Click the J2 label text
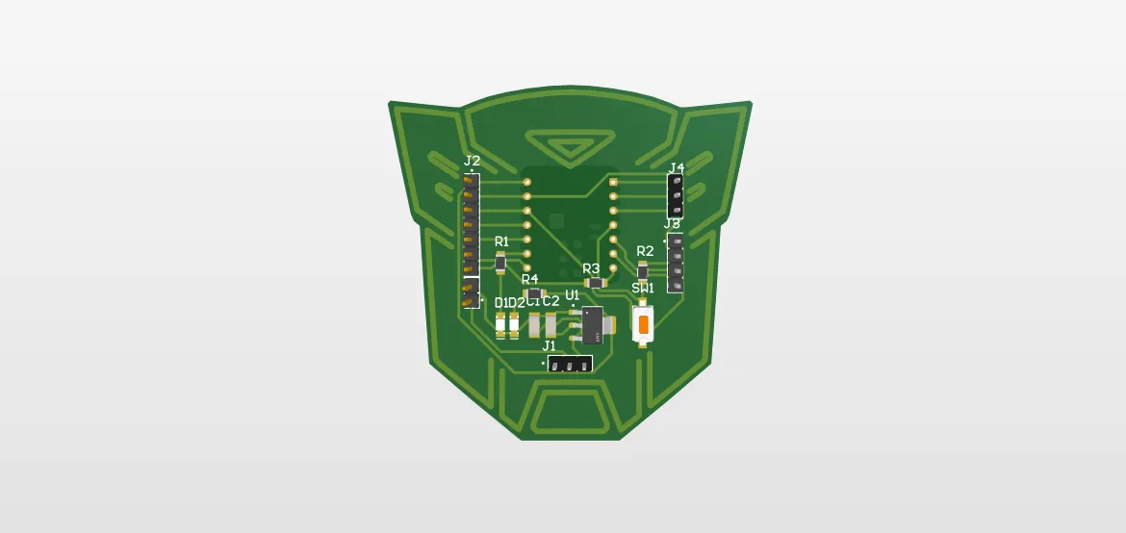(x=472, y=161)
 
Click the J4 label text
(x=677, y=169)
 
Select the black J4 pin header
(x=677, y=195)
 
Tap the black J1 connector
(x=569, y=364)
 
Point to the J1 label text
(x=550, y=345)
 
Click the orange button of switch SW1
(x=642, y=323)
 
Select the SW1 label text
(x=643, y=288)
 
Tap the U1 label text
(x=573, y=294)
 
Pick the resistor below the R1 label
(x=500, y=261)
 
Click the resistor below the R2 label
(x=643, y=271)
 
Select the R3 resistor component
(x=596, y=283)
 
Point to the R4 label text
(x=529, y=279)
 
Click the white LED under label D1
(x=500, y=325)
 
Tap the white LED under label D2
(x=516, y=325)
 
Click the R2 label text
(x=645, y=251)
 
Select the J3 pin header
(x=676, y=263)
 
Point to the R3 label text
(x=591, y=268)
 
